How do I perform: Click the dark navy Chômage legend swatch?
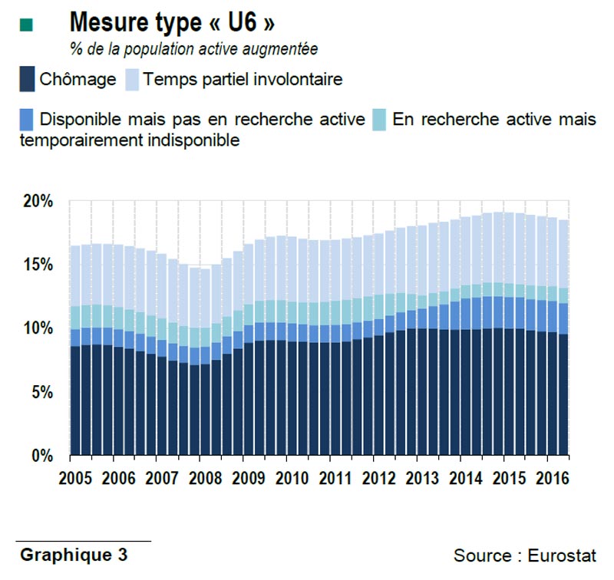tap(27, 78)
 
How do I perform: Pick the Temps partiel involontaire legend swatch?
tap(131, 78)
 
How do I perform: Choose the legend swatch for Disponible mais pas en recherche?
tap(27, 120)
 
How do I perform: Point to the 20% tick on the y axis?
tap(38, 202)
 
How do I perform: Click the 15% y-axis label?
tap(38, 265)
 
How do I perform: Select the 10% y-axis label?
tap(38, 328)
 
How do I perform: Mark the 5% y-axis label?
tap(41, 392)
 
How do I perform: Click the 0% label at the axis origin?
tap(41, 456)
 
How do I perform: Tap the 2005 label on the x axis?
tap(74, 478)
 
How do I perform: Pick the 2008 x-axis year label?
tap(205, 478)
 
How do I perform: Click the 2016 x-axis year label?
tap(552, 478)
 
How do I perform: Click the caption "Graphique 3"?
tap(74, 554)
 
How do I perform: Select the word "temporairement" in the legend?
tap(74, 140)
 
